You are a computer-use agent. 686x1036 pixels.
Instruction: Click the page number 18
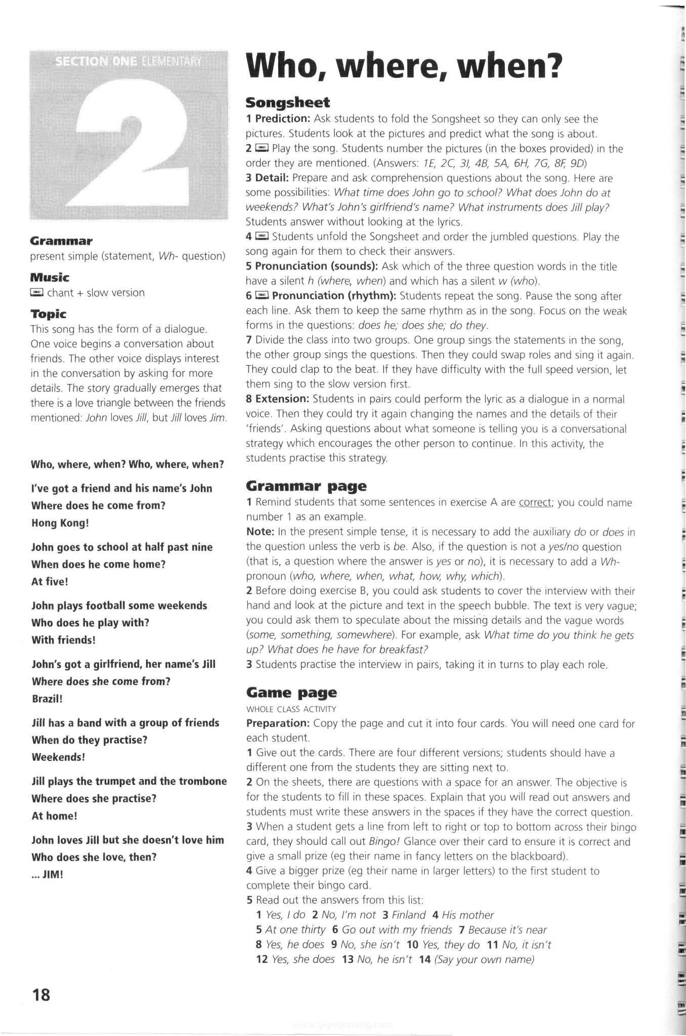41,995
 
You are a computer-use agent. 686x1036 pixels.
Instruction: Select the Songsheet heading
287,103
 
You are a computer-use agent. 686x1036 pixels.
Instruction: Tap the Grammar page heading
306,486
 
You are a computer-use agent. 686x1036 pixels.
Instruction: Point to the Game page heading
291,693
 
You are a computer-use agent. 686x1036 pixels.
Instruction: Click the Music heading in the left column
50,277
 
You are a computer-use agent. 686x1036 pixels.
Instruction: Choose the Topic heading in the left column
48,314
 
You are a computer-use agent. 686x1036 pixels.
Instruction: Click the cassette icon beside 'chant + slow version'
37,292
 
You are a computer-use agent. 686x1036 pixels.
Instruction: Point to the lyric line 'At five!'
50,581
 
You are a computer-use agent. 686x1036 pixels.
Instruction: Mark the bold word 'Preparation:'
278,723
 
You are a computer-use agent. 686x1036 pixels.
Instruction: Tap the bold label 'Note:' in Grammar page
260,532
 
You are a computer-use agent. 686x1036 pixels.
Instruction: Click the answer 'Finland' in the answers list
408,915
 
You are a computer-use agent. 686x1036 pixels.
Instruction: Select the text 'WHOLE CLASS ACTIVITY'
291,709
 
